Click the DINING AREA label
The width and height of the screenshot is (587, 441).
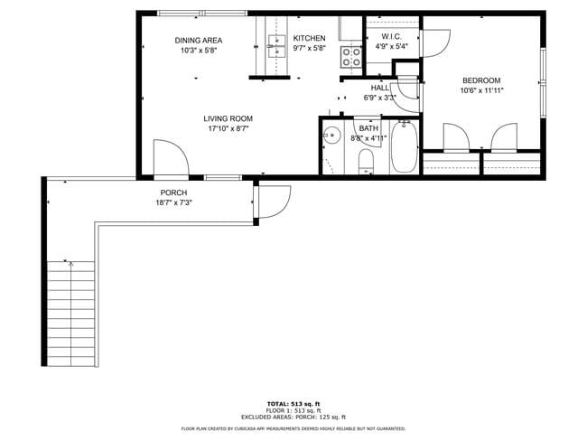click(198, 40)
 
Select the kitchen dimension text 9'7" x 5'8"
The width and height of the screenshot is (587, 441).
click(309, 50)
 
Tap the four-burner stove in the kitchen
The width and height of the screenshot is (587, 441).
click(350, 57)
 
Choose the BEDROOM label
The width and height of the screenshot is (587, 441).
click(481, 80)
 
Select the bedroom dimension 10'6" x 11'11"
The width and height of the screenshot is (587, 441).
click(481, 90)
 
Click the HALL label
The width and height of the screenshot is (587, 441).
click(379, 88)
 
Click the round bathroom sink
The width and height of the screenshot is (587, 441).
click(331, 137)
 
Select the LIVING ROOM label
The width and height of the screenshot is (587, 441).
click(227, 118)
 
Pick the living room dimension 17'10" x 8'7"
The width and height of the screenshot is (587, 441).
click(227, 128)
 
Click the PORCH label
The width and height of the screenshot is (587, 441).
click(173, 192)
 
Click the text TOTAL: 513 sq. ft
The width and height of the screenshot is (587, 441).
click(293, 403)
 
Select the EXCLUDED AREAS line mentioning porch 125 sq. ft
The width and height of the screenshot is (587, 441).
click(293, 416)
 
